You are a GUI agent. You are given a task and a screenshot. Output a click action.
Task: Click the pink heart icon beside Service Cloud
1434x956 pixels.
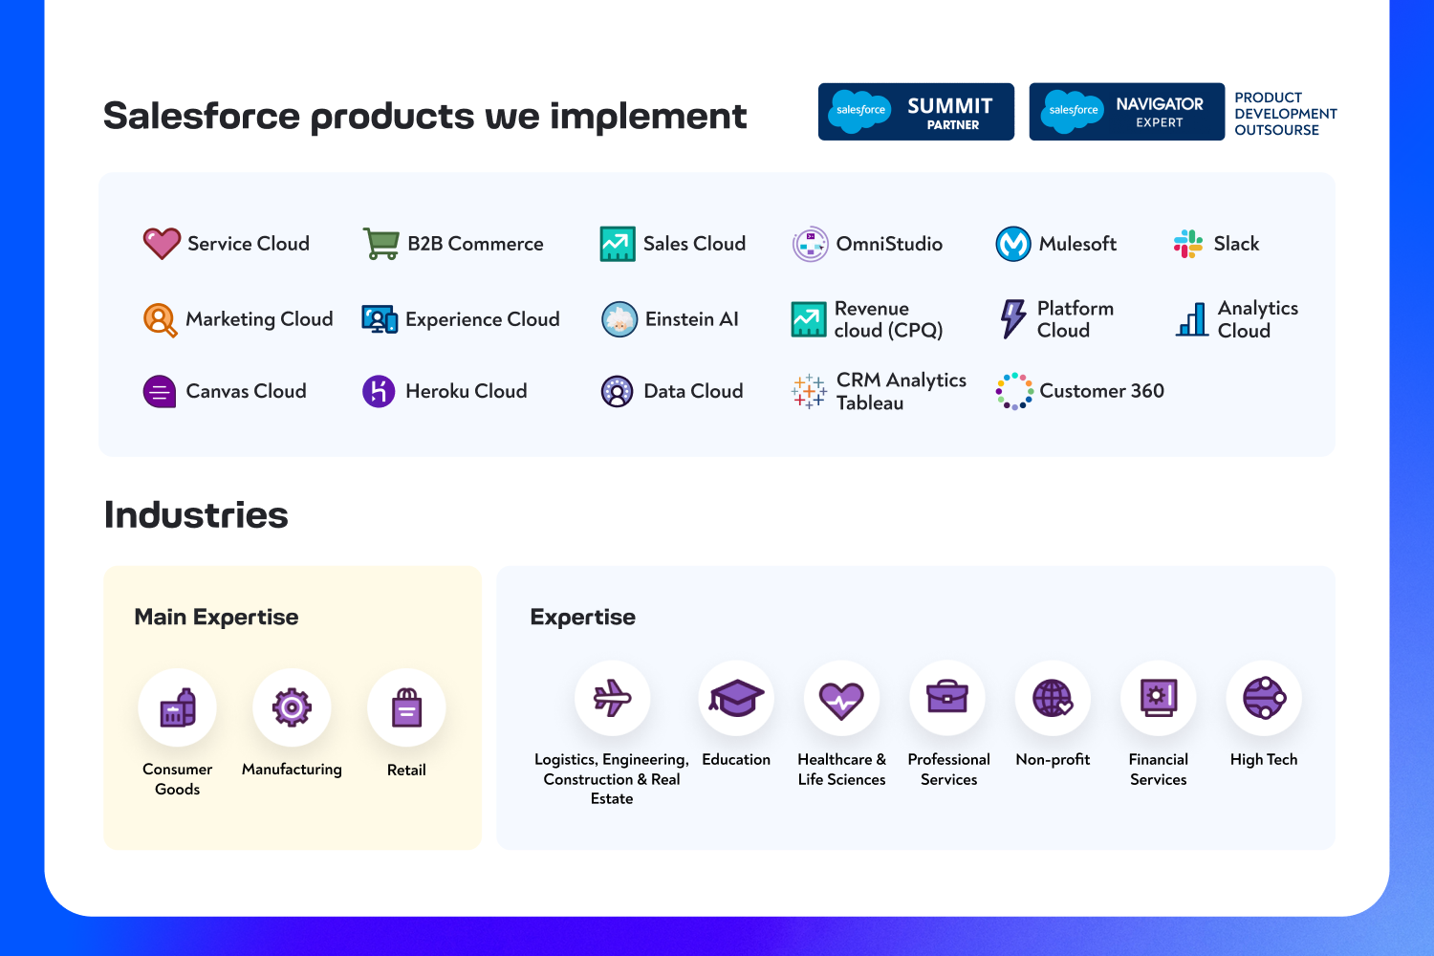click(162, 244)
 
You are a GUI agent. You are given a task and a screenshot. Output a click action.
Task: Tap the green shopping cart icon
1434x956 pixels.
click(380, 244)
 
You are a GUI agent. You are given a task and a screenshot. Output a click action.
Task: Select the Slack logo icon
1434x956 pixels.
click(1188, 244)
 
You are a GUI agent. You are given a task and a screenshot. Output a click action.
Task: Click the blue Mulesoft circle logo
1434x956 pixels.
click(1012, 244)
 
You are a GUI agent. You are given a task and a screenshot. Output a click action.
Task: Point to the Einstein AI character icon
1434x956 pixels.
click(619, 319)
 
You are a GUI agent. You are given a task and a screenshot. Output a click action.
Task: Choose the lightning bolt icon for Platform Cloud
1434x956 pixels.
click(1012, 318)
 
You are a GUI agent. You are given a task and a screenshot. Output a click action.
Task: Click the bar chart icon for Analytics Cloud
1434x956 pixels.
click(1191, 319)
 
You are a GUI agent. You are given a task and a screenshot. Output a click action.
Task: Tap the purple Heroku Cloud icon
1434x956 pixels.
click(379, 391)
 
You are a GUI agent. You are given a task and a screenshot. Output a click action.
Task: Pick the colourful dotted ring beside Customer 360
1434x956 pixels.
click(1014, 391)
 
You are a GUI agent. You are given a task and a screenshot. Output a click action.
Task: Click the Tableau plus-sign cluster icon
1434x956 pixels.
click(808, 391)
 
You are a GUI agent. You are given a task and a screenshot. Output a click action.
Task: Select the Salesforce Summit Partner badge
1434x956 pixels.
click(916, 112)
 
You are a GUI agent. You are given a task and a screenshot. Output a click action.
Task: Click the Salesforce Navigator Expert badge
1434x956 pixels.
click(1127, 112)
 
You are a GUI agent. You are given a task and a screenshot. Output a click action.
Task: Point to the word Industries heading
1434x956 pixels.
click(196, 515)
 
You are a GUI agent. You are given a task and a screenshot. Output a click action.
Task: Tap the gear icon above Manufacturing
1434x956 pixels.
click(292, 707)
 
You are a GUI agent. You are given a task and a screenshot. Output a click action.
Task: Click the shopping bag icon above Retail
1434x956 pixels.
click(406, 707)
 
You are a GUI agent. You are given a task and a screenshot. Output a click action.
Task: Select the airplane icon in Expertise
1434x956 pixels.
click(612, 698)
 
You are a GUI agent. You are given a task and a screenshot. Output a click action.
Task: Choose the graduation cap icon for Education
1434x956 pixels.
click(736, 697)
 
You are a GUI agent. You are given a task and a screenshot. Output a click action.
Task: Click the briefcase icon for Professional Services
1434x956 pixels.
click(947, 697)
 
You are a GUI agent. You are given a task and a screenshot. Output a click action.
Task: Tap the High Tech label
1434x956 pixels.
click(1264, 759)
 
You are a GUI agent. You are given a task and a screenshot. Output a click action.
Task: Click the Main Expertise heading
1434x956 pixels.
click(216, 617)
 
